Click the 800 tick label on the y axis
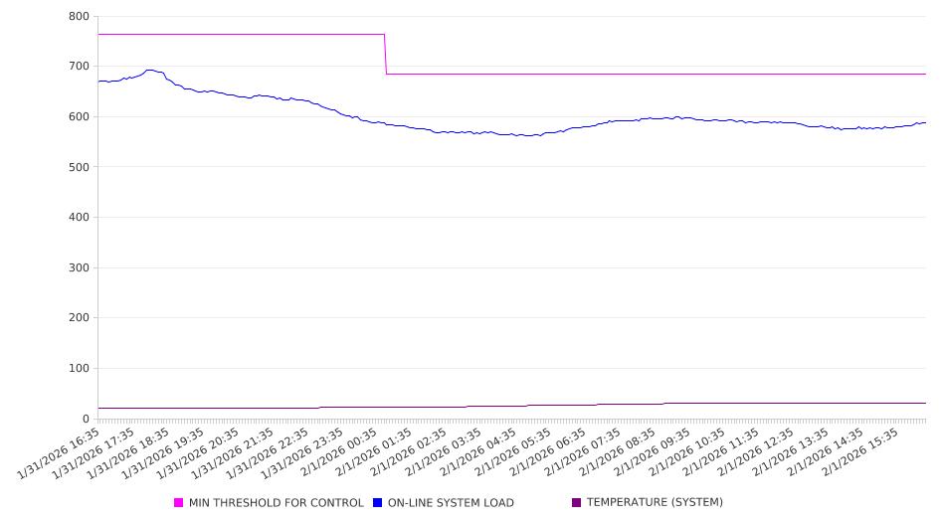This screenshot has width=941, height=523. (80, 17)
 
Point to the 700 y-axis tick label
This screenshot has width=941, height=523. (80, 67)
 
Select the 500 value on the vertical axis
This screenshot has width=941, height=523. (80, 167)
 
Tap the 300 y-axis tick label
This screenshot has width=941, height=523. (80, 268)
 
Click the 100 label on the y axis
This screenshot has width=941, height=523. (80, 369)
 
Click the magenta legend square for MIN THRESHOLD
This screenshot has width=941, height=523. (179, 503)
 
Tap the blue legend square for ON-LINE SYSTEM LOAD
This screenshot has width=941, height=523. (378, 503)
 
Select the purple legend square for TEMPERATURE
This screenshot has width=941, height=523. (577, 503)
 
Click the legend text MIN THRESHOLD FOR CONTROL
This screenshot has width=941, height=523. (276, 503)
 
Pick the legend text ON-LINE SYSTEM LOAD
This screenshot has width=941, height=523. (451, 503)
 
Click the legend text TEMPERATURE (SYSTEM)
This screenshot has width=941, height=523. (655, 503)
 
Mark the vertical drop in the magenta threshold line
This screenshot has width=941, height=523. (385, 55)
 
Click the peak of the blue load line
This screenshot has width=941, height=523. (149, 70)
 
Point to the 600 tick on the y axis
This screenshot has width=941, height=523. (80, 117)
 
